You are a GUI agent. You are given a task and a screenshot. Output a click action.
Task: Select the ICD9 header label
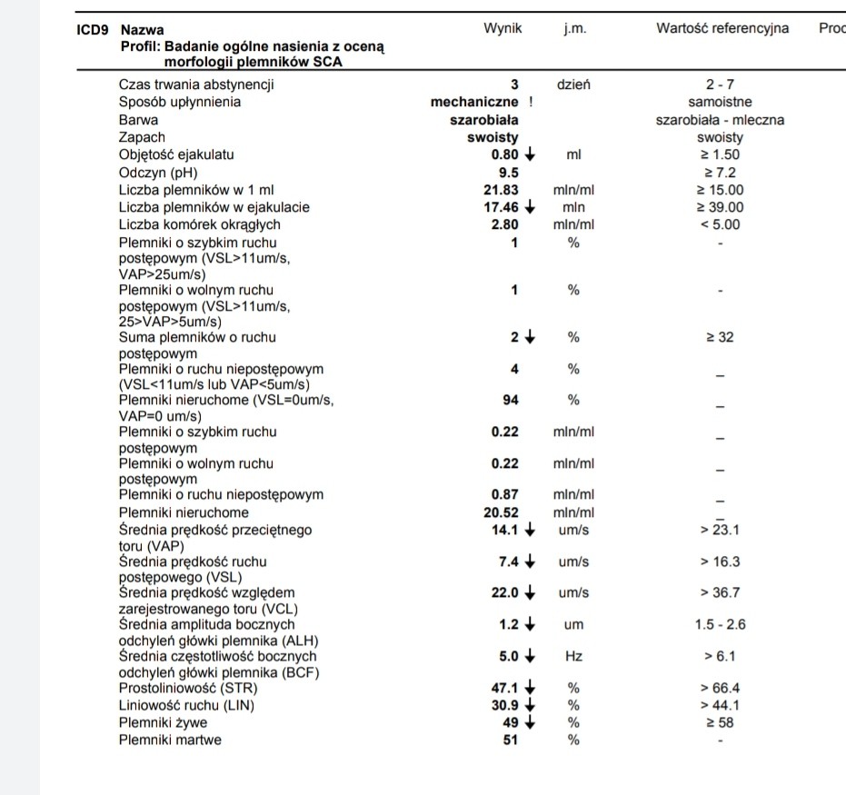[x=93, y=30]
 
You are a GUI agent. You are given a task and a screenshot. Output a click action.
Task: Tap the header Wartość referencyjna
[x=722, y=29]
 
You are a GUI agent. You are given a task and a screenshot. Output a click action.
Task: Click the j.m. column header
[x=574, y=29]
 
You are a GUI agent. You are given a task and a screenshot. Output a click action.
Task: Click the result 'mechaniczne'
[x=474, y=103]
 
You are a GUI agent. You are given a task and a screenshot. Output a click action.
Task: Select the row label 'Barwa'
[x=138, y=120]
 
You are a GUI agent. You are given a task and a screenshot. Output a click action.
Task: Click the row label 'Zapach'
[x=142, y=137]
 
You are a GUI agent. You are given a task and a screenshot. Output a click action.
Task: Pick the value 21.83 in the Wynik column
[x=501, y=190]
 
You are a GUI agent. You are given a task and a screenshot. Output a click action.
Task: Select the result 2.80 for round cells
[x=504, y=224]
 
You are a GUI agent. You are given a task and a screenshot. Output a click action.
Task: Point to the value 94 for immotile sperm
[x=511, y=400]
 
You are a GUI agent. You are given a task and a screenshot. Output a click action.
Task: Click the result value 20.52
[x=501, y=512]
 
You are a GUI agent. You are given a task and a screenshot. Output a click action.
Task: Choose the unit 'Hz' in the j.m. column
[x=573, y=656]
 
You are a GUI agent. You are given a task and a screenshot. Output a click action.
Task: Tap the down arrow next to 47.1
[x=530, y=689]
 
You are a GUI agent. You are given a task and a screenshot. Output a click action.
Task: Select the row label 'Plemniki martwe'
[x=170, y=740]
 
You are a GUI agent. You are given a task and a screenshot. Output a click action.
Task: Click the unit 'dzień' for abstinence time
[x=573, y=84]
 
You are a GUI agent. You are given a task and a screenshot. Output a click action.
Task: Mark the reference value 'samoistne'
[x=721, y=103]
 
